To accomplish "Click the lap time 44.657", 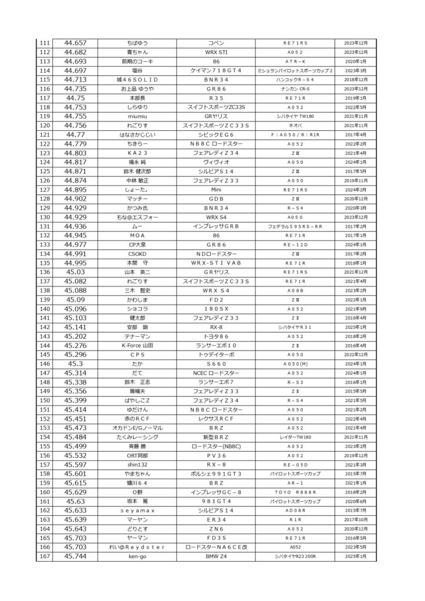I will pos(75,43).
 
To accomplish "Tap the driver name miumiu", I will pos(137,116).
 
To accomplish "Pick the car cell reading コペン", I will pos(215,43).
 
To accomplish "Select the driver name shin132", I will pos(137,464).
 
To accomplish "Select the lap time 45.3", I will pos(75,363).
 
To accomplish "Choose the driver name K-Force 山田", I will pos(137,345).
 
